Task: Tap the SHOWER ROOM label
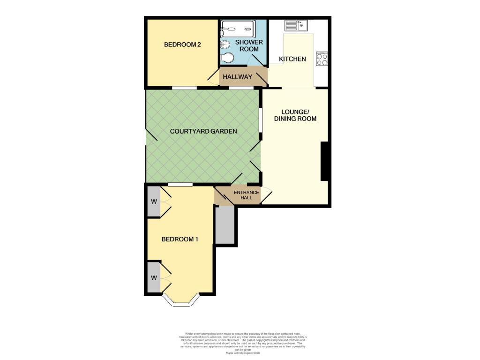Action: tap(246, 45)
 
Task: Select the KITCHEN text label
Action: tap(292, 59)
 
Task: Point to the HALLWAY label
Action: tap(238, 77)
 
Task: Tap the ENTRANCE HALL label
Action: tap(243, 195)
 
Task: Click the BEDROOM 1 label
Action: tap(180, 239)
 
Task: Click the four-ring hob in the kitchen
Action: tap(322, 59)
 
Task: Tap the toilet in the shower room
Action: tap(227, 58)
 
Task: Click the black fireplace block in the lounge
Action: tap(324, 161)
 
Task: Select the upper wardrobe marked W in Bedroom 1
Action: tap(153, 202)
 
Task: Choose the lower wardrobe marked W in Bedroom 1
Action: tap(153, 277)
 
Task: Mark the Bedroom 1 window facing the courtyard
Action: tap(180, 185)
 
